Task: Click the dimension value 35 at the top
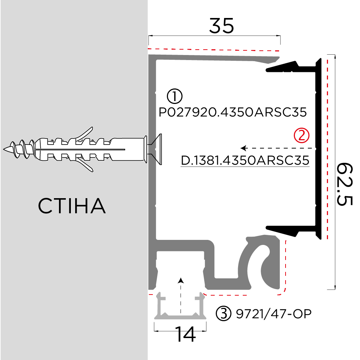[222, 26]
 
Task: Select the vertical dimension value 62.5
[345, 184]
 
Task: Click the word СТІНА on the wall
[72, 206]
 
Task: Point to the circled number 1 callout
[175, 96]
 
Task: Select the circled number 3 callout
[223, 314]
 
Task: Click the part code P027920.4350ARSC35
[233, 113]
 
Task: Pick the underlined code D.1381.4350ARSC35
[245, 160]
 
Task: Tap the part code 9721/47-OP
[273, 314]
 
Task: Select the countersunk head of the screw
[155, 149]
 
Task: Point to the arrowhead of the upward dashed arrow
[181, 280]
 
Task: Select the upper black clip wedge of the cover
[284, 67]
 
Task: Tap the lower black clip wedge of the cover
[284, 229]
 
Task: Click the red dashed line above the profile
[214, 49]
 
